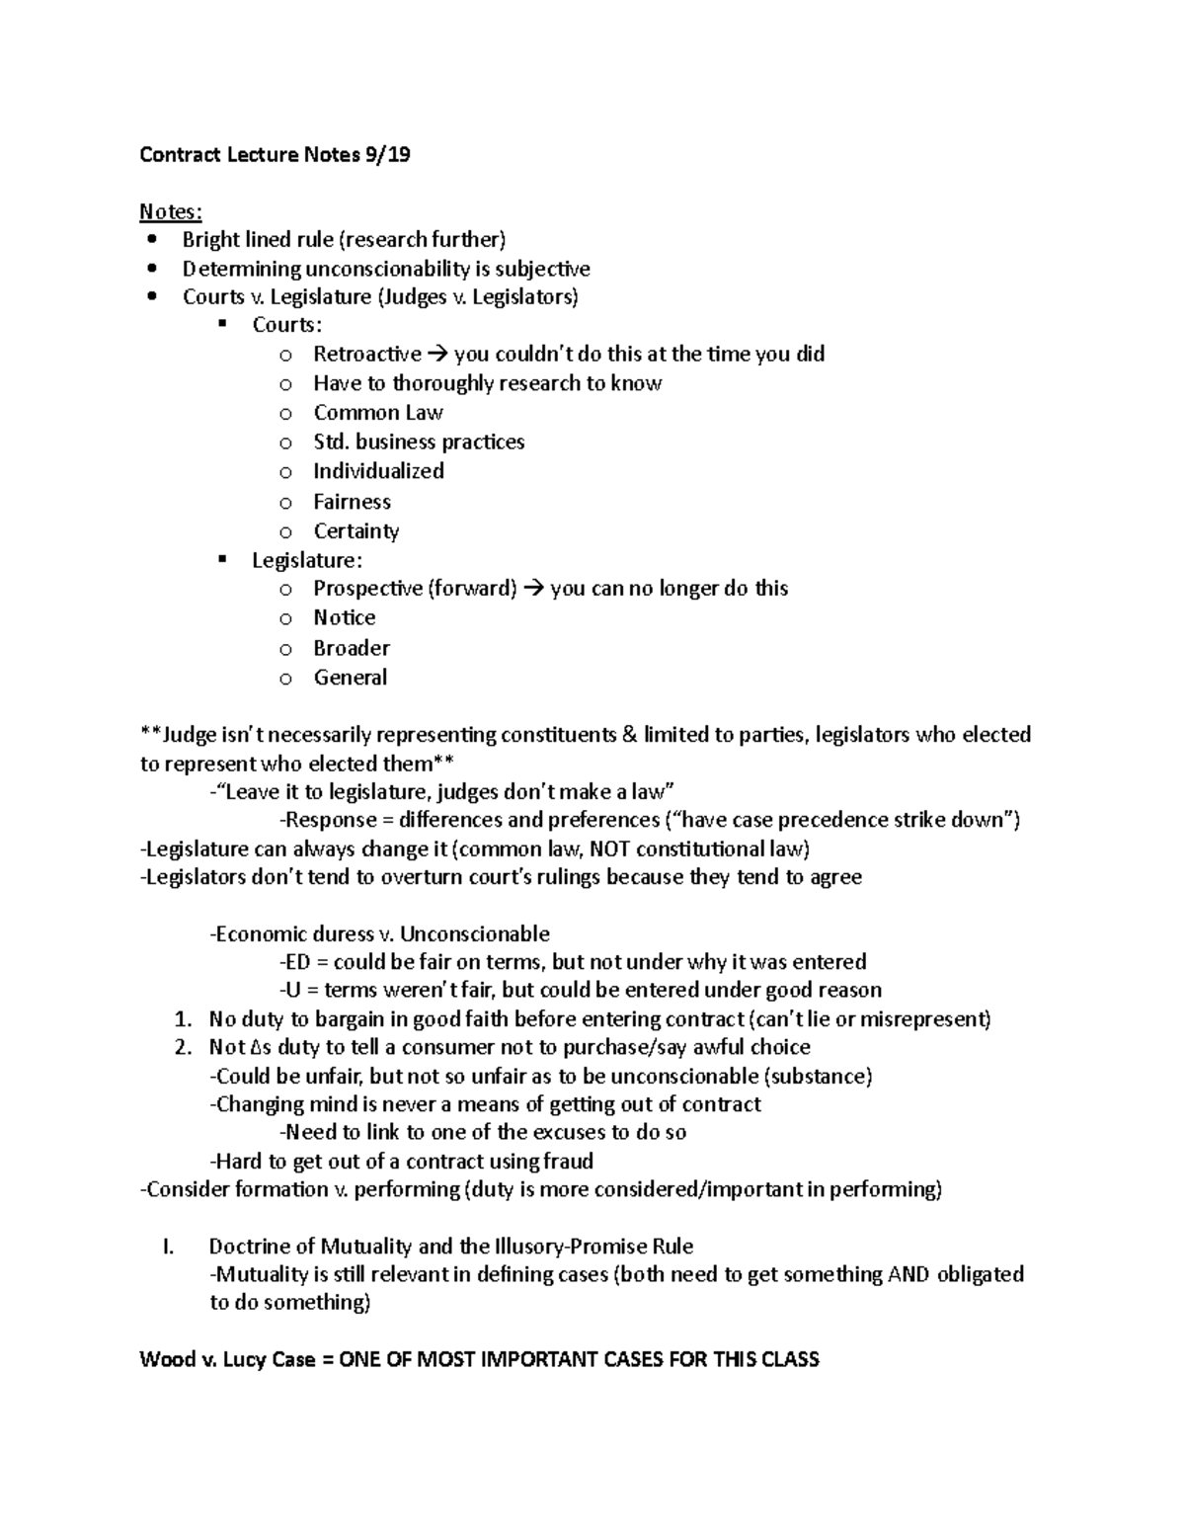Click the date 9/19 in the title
pos(387,155)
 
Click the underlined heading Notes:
pos(171,211)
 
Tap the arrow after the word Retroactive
pos(437,355)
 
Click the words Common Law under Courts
pos(378,413)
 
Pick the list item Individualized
pos(378,471)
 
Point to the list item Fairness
pos(352,502)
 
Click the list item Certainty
pos(356,531)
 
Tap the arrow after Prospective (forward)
pos(533,589)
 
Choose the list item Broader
pos(352,648)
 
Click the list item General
pos(351,678)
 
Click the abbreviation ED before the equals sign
pos(298,962)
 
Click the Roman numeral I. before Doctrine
pos(168,1247)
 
